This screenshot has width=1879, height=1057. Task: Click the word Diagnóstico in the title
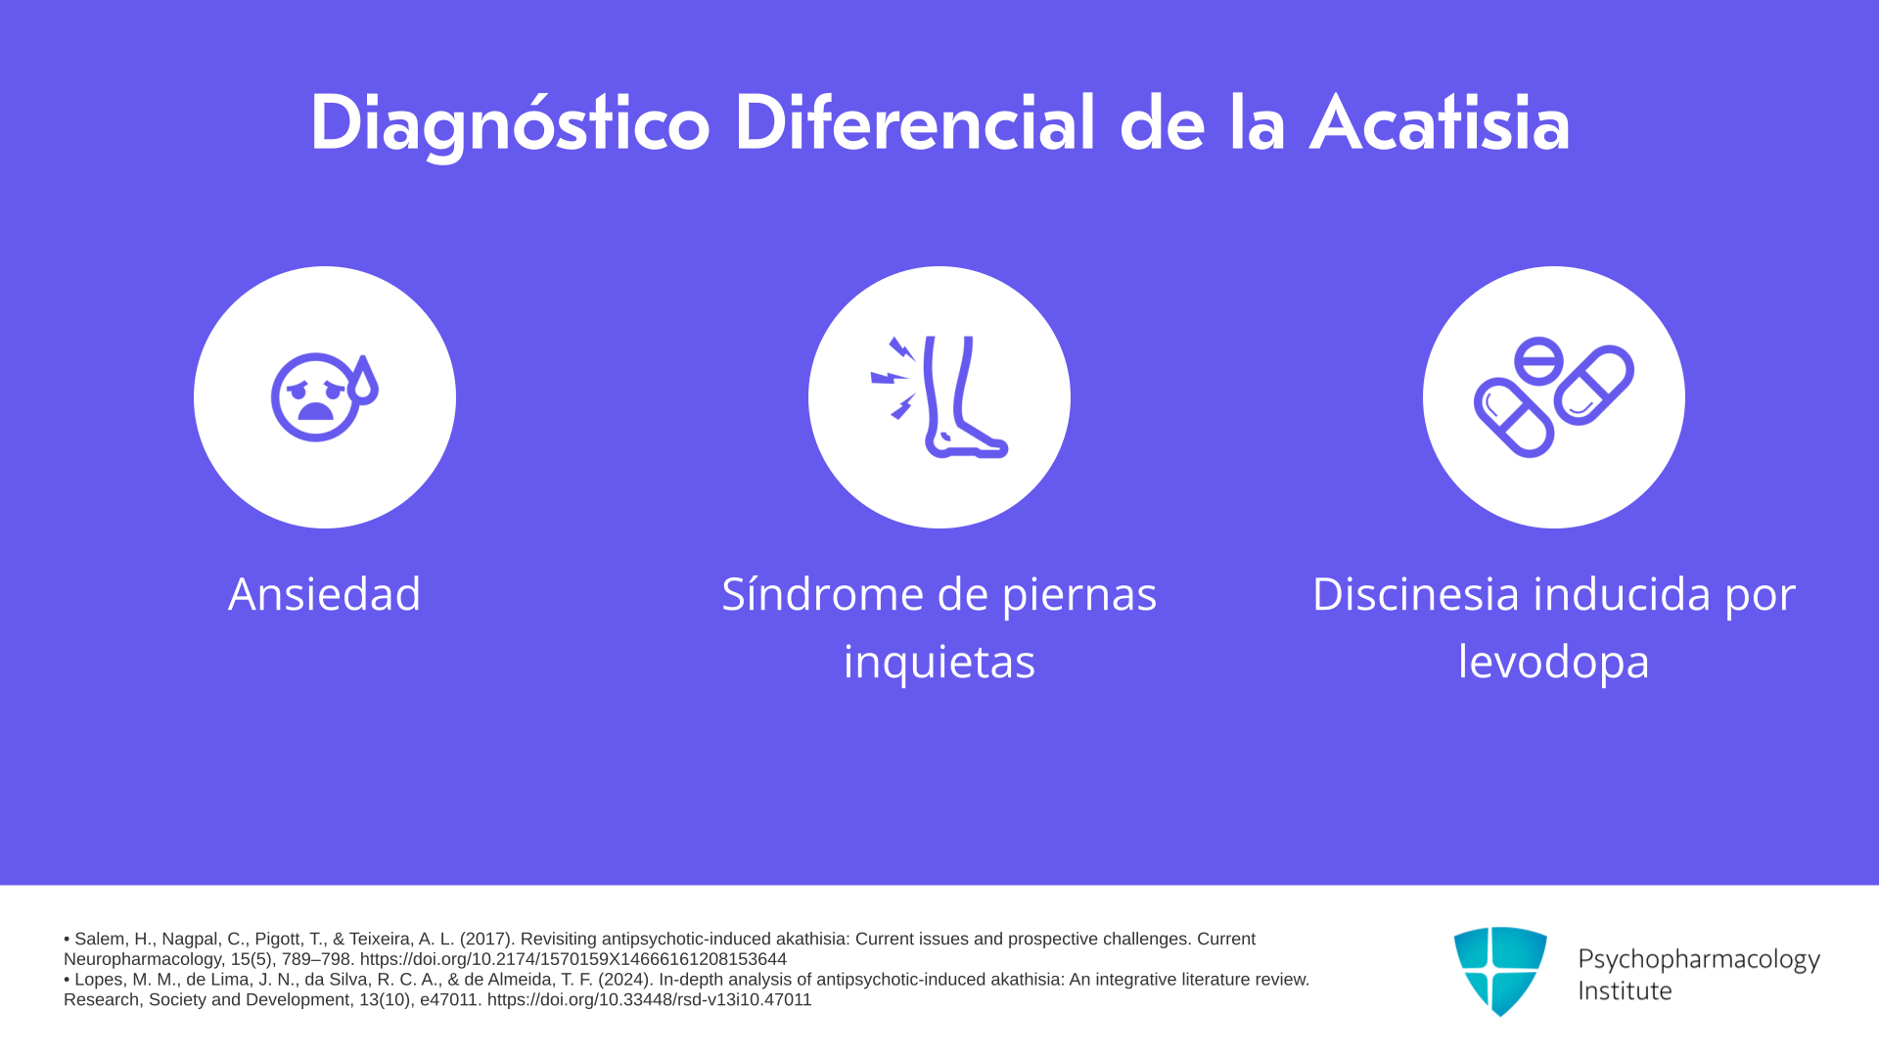(510, 125)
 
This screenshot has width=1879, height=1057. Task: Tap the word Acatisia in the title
(1440, 123)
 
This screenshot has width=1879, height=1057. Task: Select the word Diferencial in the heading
(914, 123)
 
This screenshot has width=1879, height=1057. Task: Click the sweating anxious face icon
(324, 396)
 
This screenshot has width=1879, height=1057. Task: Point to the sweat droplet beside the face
(363, 381)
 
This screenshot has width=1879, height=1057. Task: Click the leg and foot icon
(964, 397)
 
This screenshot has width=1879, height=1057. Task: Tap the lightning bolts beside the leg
(894, 378)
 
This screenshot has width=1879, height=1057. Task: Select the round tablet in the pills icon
(1538, 361)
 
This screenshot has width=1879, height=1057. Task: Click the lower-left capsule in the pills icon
(1514, 418)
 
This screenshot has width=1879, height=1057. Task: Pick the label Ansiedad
(325, 594)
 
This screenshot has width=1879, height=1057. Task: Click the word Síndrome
(822, 594)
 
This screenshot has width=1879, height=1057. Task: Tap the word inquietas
(939, 662)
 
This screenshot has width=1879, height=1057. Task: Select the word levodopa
(1554, 662)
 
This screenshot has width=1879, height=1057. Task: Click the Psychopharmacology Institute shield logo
(1500, 971)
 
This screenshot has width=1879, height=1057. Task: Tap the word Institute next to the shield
(1625, 990)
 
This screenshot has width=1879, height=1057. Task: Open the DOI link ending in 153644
(573, 959)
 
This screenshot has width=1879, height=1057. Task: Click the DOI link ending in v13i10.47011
(650, 999)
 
